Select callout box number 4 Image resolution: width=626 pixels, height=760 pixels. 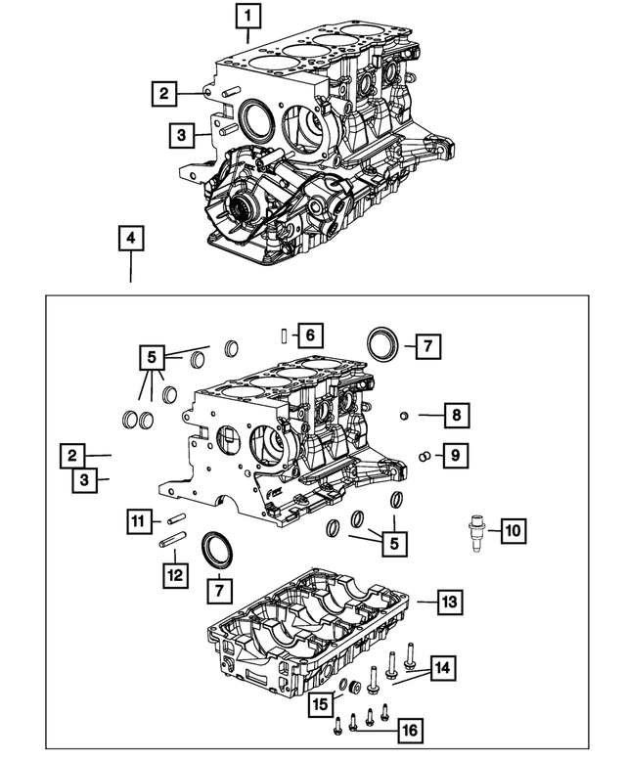tap(130, 238)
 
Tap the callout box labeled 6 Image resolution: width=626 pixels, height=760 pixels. tap(308, 336)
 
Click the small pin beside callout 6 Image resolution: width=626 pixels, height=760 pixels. tap(281, 336)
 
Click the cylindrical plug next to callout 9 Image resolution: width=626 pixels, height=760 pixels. tap(425, 455)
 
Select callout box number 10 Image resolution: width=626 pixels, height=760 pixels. tap(513, 532)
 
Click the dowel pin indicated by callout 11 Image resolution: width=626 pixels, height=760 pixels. tap(175, 518)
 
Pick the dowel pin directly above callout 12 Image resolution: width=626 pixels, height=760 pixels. tap(173, 541)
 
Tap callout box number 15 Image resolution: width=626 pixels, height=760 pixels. tap(320, 702)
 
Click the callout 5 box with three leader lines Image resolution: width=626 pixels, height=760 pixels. tap(153, 359)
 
